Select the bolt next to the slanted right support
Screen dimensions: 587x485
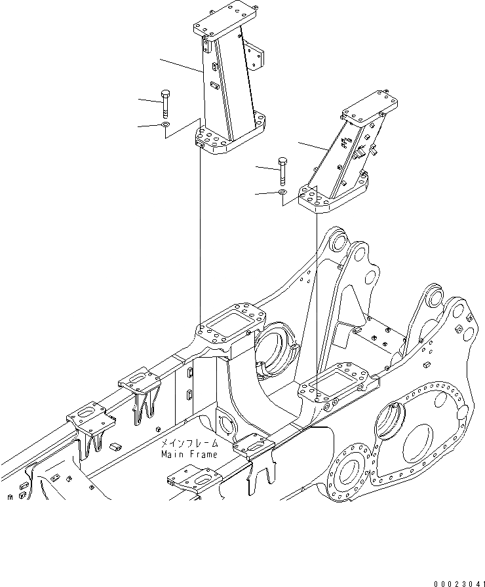pos(283,171)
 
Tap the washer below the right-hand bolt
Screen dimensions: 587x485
pos(282,193)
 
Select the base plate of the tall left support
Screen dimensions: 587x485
pos(223,140)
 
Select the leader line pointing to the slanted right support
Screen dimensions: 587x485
pos(312,147)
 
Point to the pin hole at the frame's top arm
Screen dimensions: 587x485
pos(337,242)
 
